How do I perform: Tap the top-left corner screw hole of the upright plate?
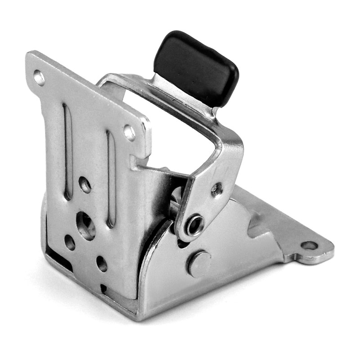click(39, 78)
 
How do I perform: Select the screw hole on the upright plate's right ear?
click(130, 132)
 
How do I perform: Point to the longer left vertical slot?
click(67, 151)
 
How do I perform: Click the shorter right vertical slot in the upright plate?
click(111, 178)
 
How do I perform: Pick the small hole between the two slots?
click(84, 184)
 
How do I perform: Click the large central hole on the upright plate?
click(85, 225)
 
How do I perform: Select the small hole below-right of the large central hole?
click(102, 264)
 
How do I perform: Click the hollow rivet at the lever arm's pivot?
click(194, 225)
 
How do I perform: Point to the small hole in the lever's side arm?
click(216, 189)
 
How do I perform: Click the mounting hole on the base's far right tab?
click(309, 246)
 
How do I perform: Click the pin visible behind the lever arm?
click(175, 198)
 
